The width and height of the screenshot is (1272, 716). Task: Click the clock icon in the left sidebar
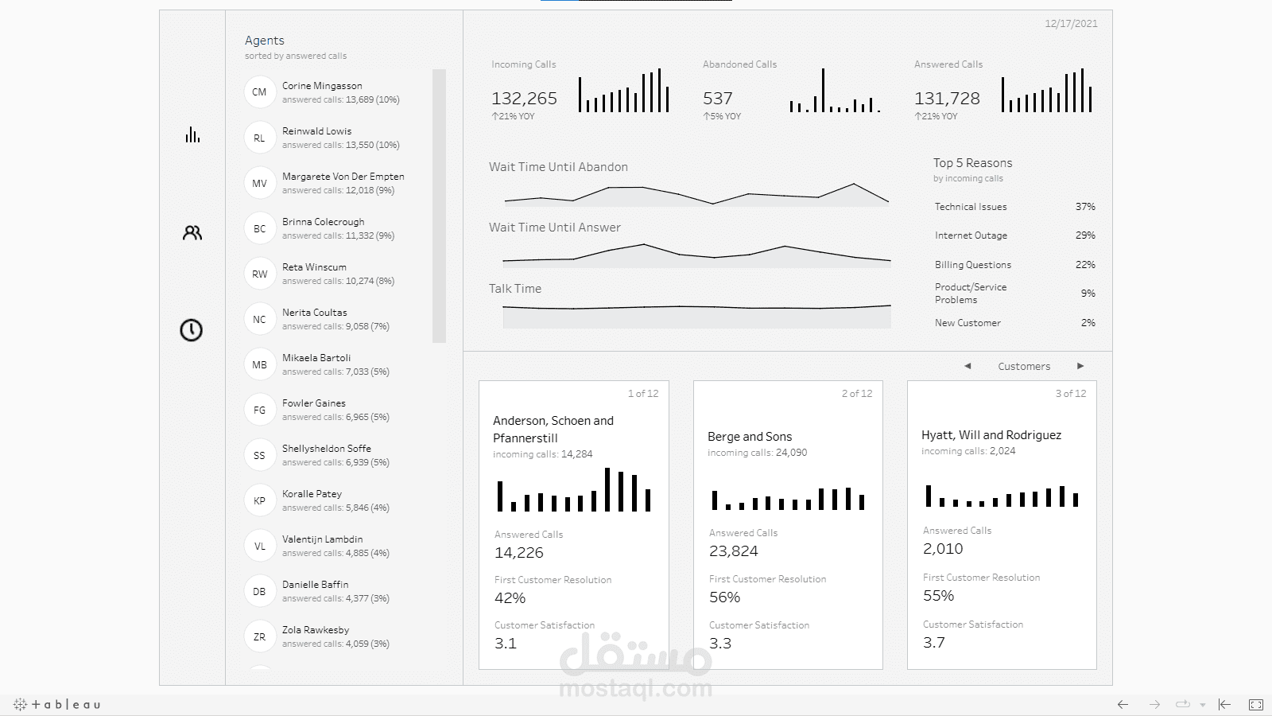click(x=191, y=330)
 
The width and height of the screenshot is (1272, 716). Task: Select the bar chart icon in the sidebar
click(x=192, y=134)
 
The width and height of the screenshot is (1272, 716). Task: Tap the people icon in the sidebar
click(x=192, y=233)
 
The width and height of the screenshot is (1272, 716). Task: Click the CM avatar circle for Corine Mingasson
click(x=259, y=92)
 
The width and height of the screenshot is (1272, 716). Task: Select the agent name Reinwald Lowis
click(x=316, y=131)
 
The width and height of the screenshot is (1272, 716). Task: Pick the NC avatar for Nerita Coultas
click(x=259, y=319)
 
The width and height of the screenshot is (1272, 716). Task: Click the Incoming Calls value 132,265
click(x=524, y=99)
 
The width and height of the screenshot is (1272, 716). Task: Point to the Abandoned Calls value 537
click(x=717, y=99)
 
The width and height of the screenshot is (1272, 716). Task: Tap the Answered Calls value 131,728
click(x=947, y=99)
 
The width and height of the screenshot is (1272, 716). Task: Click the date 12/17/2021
click(x=1071, y=24)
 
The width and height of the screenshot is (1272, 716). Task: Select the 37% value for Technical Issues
click(x=1085, y=207)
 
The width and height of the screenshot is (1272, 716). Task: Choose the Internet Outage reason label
click(x=971, y=235)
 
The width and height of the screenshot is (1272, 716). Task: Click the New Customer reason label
click(x=968, y=323)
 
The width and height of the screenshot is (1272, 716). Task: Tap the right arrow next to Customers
click(x=1080, y=366)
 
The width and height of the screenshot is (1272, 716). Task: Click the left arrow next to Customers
click(x=968, y=366)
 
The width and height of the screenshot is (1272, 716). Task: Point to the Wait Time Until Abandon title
click(x=558, y=167)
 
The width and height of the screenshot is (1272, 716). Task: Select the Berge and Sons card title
click(x=750, y=437)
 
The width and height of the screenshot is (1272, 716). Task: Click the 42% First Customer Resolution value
click(x=510, y=598)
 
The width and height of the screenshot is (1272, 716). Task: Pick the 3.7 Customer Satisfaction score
click(x=934, y=643)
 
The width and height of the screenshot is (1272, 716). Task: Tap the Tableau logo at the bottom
click(x=57, y=704)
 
